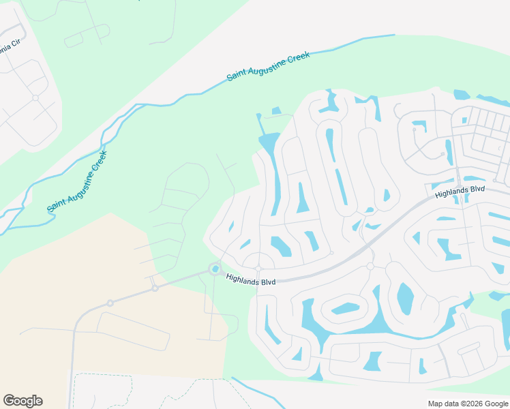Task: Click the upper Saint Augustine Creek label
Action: tap(269, 66)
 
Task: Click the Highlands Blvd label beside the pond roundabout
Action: tap(250, 279)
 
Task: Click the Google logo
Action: tap(22, 401)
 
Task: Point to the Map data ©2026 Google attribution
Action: tap(467, 404)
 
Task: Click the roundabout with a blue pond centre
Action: tap(215, 269)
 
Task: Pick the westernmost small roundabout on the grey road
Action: tap(110, 303)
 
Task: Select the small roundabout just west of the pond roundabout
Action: tap(155, 288)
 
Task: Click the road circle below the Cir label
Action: tap(35, 97)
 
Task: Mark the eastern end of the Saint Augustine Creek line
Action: tap(393, 35)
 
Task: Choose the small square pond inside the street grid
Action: tap(464, 121)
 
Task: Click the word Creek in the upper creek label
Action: tap(297, 57)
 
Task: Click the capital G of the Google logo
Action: tap(9, 401)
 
